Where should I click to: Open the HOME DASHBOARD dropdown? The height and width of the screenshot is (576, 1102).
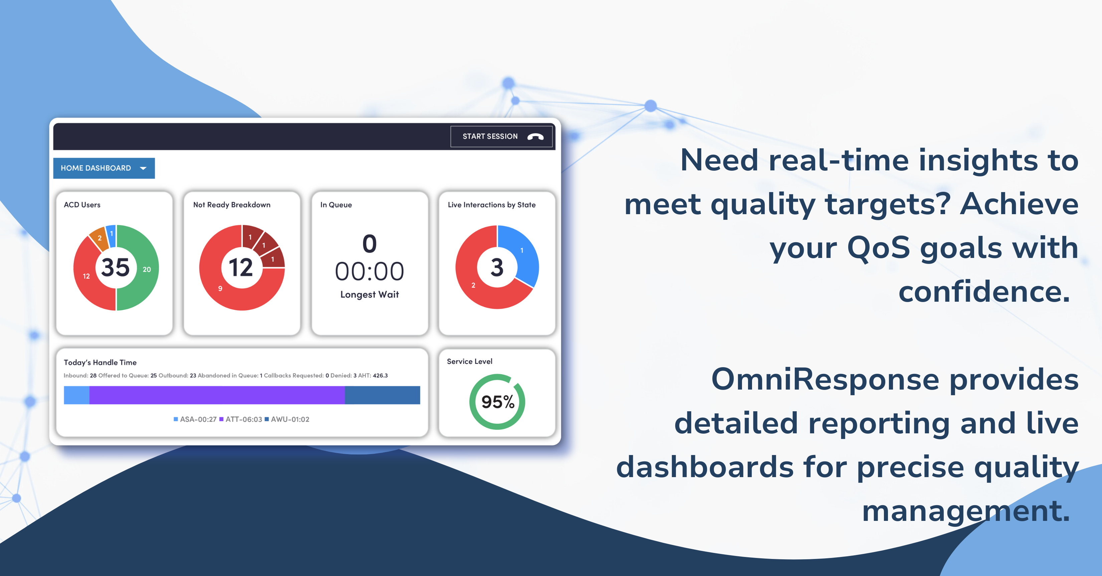click(x=104, y=168)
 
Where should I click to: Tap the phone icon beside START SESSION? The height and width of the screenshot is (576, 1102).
click(x=535, y=137)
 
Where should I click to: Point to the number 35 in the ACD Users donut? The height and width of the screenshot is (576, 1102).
click(x=116, y=268)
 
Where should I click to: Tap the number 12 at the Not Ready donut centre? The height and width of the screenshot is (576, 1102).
click(x=241, y=268)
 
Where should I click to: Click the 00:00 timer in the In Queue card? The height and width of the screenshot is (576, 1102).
click(x=370, y=271)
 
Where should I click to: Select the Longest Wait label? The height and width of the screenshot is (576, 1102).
click(x=370, y=294)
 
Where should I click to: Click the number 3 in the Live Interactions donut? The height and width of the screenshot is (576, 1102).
click(x=497, y=268)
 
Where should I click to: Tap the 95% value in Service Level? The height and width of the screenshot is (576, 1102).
click(x=498, y=402)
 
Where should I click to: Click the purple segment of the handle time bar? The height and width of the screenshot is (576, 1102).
click(x=217, y=395)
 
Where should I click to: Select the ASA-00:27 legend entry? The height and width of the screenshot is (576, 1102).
click(x=195, y=419)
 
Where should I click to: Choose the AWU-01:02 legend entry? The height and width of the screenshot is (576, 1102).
click(x=287, y=419)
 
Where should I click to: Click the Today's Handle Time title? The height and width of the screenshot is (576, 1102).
click(x=100, y=363)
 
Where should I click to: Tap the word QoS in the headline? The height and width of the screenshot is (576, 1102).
click(x=878, y=248)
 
